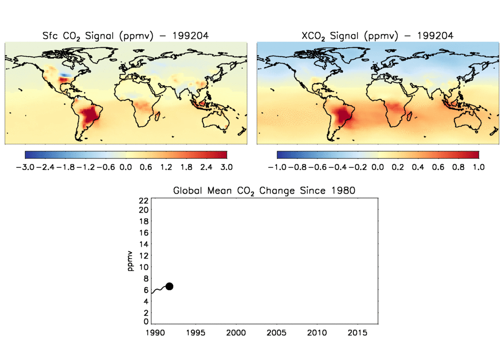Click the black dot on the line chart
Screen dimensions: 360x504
coord(169,286)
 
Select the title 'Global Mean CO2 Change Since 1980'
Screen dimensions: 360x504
coord(264,190)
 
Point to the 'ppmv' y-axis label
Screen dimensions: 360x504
coord(130,261)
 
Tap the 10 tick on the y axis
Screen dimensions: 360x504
coord(143,267)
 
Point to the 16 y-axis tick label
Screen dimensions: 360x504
coord(143,233)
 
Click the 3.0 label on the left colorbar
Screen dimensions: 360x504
coord(226,167)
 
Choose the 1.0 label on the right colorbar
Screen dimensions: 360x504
coord(478,167)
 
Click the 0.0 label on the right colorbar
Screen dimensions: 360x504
coord(378,167)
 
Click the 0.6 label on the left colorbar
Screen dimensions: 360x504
coord(146,167)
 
